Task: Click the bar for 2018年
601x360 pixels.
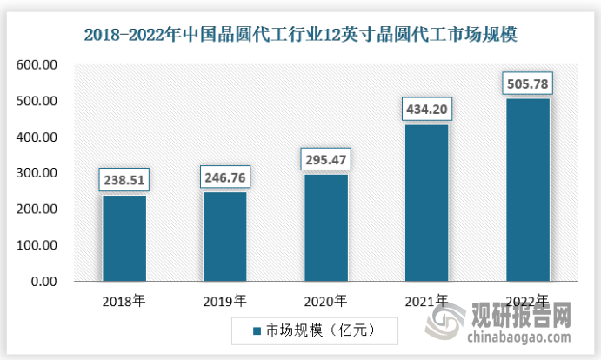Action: (124, 238)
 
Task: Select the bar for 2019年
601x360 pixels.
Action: (224, 237)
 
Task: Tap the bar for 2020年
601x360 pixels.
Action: (325, 228)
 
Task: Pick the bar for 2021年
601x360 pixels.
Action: (426, 203)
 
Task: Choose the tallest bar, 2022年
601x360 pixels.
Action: (527, 190)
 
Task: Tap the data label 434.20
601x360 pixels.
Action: (426, 110)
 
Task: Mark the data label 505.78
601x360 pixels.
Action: (527, 85)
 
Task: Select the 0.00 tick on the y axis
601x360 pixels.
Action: (43, 282)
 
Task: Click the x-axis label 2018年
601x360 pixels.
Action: (124, 301)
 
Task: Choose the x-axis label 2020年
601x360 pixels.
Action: (325, 301)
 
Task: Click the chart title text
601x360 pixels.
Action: (300, 36)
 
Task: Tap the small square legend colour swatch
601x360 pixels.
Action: (257, 331)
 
